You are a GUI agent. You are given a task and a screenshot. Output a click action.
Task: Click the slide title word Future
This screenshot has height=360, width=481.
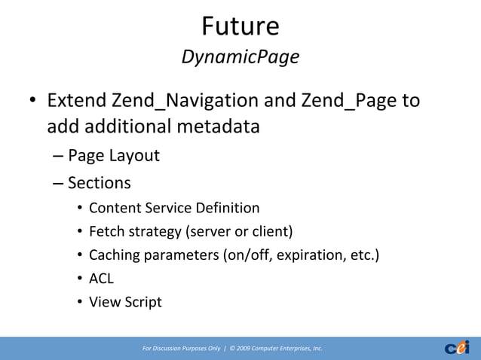240,26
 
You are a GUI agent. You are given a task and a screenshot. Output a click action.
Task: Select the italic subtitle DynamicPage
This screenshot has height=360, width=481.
240,57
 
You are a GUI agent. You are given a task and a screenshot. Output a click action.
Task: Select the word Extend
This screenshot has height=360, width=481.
76,100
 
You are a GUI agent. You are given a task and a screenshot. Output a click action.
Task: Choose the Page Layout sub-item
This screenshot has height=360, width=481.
114,156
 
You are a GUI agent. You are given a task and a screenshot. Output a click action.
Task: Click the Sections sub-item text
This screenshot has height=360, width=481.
99,182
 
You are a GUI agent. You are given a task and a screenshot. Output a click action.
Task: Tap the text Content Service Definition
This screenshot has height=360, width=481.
174,208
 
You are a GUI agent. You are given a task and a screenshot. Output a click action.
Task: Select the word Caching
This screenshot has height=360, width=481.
115,255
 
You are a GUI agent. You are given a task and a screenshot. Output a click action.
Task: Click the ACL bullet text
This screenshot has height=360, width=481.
101,279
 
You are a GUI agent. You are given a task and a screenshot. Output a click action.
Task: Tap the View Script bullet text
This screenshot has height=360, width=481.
125,302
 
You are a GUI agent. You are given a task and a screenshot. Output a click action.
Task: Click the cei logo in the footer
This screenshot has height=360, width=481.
457,347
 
